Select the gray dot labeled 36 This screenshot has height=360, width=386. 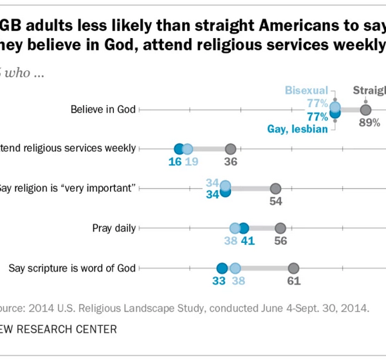(x=230, y=149)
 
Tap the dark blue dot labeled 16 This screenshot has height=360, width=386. (x=179, y=149)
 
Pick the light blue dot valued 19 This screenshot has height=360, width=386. (x=187, y=149)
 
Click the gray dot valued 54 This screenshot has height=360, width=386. (x=275, y=189)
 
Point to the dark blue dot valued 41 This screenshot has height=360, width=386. (x=243, y=228)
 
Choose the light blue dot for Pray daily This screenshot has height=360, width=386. (x=235, y=228)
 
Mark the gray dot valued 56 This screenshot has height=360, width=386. (x=280, y=228)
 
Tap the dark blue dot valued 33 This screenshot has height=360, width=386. (x=222, y=269)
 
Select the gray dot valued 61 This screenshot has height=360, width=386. (x=293, y=269)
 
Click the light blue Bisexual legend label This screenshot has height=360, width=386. (x=307, y=91)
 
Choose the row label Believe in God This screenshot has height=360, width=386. (x=103, y=109)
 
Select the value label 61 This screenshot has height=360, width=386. (x=293, y=282)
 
